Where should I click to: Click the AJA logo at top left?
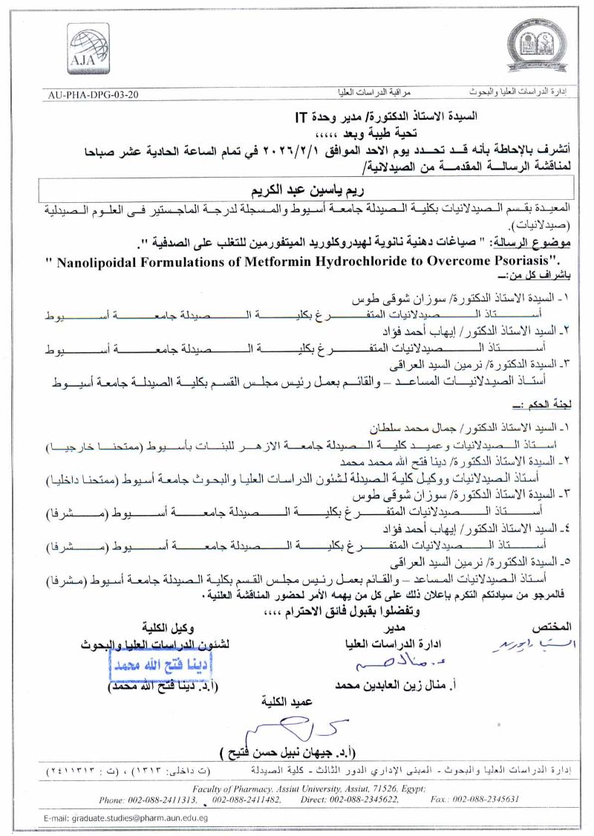(88, 48)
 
